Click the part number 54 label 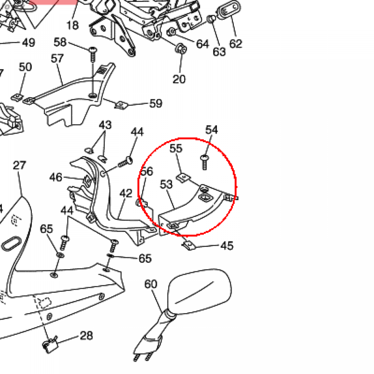pyautogui.click(x=211, y=130)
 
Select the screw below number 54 pyautogui.click(x=204, y=163)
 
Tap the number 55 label pyautogui.click(x=176, y=148)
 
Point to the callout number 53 pyautogui.click(x=166, y=184)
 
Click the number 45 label pyautogui.click(x=227, y=246)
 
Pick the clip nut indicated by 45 pyautogui.click(x=189, y=246)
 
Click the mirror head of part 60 pyautogui.click(x=199, y=291)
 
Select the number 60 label pyautogui.click(x=151, y=284)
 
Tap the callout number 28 pyautogui.click(x=86, y=336)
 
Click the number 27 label pyautogui.click(x=19, y=165)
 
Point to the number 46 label pyautogui.click(x=56, y=178)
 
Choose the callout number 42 pyautogui.click(x=126, y=193)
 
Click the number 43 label pyautogui.click(x=105, y=125)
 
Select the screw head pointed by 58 pyautogui.click(x=93, y=50)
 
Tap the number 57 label pyautogui.click(x=57, y=58)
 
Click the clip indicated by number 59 pyautogui.click(x=121, y=105)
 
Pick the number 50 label pyautogui.click(x=25, y=67)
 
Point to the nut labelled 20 pyautogui.click(x=182, y=49)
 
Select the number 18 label pyautogui.click(x=73, y=25)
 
